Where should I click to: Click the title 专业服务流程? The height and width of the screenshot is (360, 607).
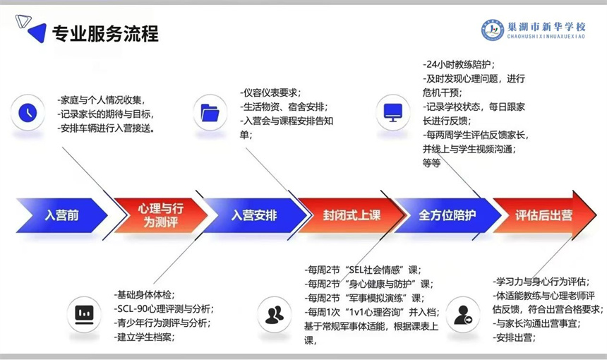coord(105,34)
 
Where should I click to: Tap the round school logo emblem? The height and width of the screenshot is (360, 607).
coord(493,30)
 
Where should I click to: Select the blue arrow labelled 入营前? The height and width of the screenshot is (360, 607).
coord(62,215)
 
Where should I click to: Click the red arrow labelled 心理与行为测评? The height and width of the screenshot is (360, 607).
coord(161,215)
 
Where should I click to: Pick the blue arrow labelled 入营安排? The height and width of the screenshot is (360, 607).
coord(255,215)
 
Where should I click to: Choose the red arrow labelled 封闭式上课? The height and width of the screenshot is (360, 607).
coord(351,215)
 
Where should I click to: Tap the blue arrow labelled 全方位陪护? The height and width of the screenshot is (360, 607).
coord(447,215)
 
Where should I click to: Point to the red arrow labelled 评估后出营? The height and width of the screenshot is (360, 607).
coord(544,215)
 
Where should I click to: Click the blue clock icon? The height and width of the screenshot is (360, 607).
coord(28,113)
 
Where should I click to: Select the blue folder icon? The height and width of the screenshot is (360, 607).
coord(210,113)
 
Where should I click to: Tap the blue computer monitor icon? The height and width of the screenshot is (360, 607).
coord(393,113)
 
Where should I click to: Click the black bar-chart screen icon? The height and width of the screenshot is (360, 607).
coord(84,314)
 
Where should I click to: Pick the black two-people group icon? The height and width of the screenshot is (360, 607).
coord(275,315)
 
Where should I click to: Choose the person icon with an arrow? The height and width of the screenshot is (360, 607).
coord(463,315)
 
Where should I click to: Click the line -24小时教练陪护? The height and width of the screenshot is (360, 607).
coord(459,64)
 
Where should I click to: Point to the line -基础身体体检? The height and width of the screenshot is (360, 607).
coord(145,295)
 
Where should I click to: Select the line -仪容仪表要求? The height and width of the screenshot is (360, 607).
coord(270,93)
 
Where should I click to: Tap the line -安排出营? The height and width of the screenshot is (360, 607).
coord(514,337)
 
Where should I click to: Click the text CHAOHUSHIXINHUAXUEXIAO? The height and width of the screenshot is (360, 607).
coord(546,37)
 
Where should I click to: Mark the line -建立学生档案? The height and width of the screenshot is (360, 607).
coord(145,337)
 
